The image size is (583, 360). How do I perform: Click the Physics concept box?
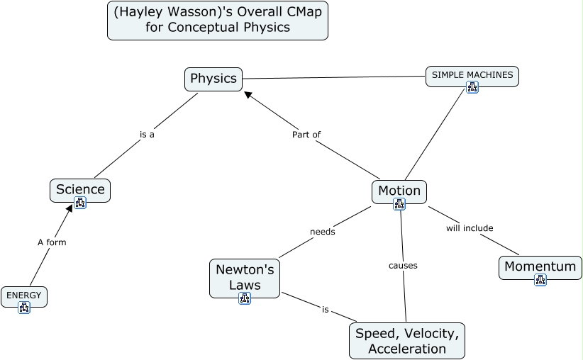[x=213, y=79]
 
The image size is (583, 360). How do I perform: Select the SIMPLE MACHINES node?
[x=472, y=74]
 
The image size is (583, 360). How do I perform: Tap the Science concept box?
[x=80, y=189]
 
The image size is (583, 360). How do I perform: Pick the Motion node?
[x=399, y=191]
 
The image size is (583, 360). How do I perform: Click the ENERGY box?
[x=24, y=295]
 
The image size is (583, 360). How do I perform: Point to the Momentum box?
[x=540, y=266]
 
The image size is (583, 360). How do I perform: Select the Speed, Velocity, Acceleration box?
[x=407, y=341]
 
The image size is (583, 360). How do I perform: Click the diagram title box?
[x=218, y=21]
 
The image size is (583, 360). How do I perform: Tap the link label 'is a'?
[x=147, y=134]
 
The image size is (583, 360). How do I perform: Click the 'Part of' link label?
[x=306, y=134]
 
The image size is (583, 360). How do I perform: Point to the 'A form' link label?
[x=52, y=242]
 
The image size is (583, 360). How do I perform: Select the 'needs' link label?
[x=323, y=231]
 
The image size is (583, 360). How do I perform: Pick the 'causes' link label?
[x=403, y=266]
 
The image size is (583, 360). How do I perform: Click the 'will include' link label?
[x=470, y=227]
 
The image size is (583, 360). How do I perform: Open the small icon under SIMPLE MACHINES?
[x=472, y=87]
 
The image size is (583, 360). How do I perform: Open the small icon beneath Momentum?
[x=540, y=280]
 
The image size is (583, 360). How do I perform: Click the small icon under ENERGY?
[x=24, y=308]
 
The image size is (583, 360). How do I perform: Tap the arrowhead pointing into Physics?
[x=248, y=94]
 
